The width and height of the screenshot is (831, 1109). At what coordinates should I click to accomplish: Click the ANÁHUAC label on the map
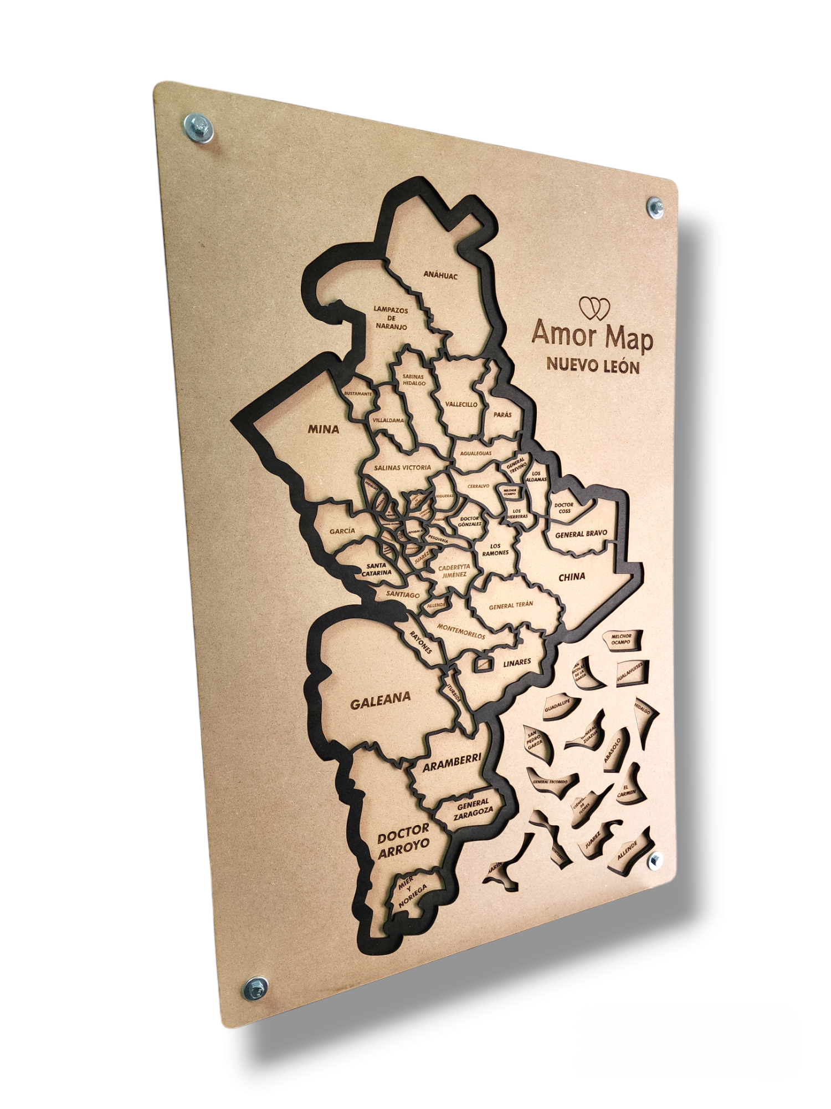[440, 274]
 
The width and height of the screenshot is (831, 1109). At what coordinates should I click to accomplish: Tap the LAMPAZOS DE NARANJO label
[391, 318]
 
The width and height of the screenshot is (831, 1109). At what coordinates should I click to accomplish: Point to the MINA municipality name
[324, 429]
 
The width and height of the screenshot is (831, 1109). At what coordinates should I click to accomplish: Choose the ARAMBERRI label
[452, 762]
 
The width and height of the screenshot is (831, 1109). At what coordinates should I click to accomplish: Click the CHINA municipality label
[572, 577]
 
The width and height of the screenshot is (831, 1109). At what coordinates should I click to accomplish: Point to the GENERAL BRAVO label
[581, 534]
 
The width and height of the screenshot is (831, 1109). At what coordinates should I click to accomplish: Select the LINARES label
[517, 663]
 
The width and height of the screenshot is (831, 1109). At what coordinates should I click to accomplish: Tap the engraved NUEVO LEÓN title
[593, 365]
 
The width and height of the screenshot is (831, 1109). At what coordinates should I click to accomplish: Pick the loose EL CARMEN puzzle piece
[629, 789]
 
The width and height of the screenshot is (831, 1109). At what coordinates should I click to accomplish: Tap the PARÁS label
[502, 414]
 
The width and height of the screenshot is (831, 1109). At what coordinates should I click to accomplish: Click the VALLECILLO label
[461, 404]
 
